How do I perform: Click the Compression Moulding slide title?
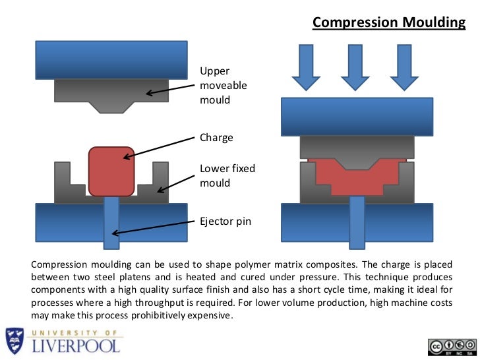pos(388,23)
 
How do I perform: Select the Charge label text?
pos(216,138)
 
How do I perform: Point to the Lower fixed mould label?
pos(227,175)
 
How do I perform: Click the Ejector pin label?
pos(225,222)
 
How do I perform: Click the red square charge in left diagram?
pos(111,171)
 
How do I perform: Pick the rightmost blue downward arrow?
pos(404,67)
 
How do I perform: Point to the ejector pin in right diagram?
pos(357,222)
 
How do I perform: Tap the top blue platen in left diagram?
pos(111,60)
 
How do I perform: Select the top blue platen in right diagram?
pos(357,117)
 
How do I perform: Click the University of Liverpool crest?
pos(15,342)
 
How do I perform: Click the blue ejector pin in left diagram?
pos(111,224)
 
